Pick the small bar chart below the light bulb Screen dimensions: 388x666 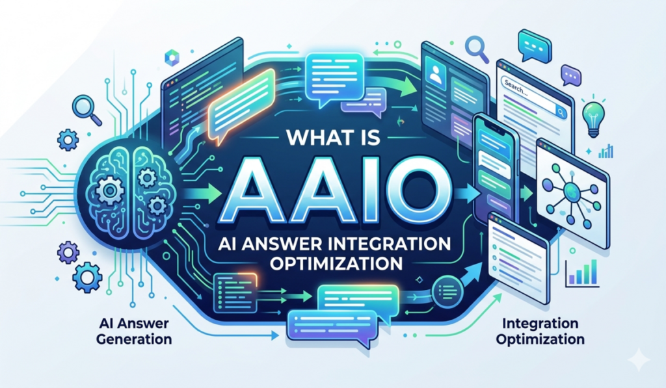coord(606,151)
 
